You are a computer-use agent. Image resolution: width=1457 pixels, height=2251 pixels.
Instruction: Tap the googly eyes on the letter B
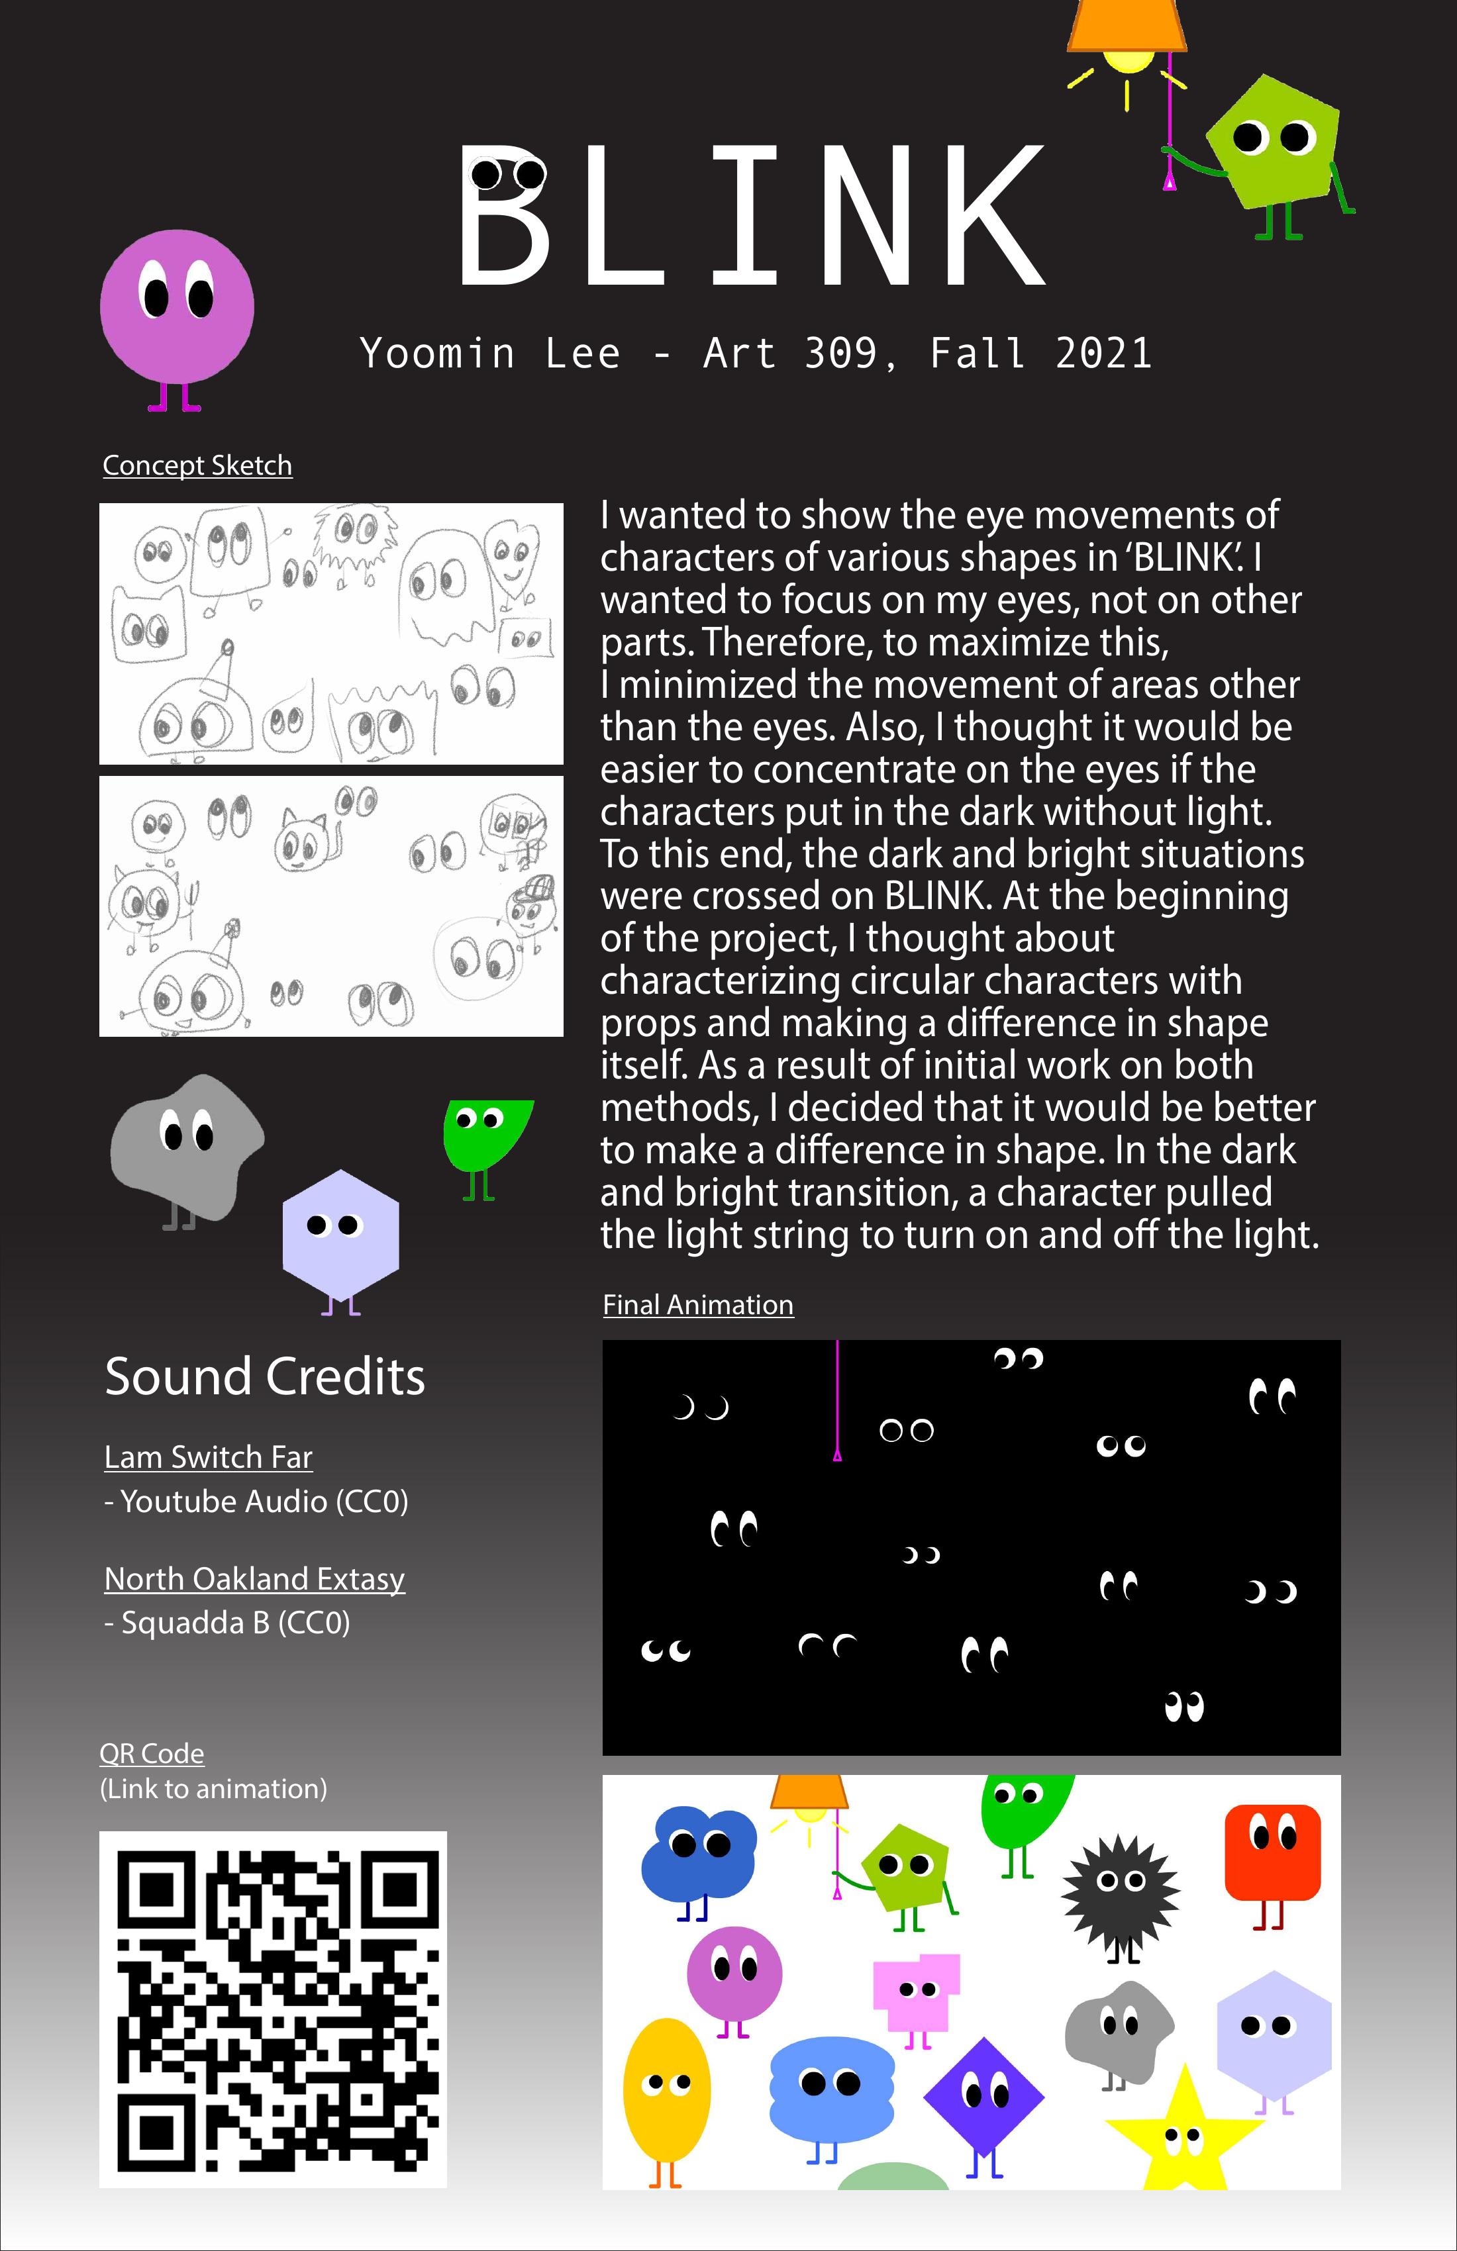508,174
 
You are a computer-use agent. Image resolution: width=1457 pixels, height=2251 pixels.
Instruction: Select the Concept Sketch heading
197,465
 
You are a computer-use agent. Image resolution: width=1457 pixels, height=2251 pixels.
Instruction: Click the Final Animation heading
697,1304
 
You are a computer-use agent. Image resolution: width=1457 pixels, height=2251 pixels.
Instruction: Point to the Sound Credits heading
265,1376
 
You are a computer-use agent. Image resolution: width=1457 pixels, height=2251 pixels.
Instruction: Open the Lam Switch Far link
208,1457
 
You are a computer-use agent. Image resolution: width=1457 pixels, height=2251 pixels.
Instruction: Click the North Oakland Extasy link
254,1578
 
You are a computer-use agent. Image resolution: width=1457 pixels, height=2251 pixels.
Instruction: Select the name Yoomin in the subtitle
437,354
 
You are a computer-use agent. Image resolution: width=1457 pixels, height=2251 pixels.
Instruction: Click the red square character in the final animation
1272,1852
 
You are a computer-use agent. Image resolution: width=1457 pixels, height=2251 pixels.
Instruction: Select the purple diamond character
983,2096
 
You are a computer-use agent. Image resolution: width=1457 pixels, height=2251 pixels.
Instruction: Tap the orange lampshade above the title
1126,24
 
